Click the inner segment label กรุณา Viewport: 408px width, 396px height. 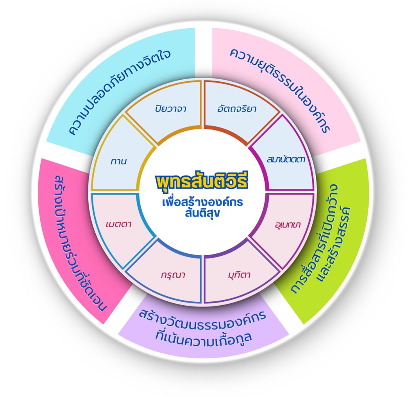pyautogui.click(x=172, y=275)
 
